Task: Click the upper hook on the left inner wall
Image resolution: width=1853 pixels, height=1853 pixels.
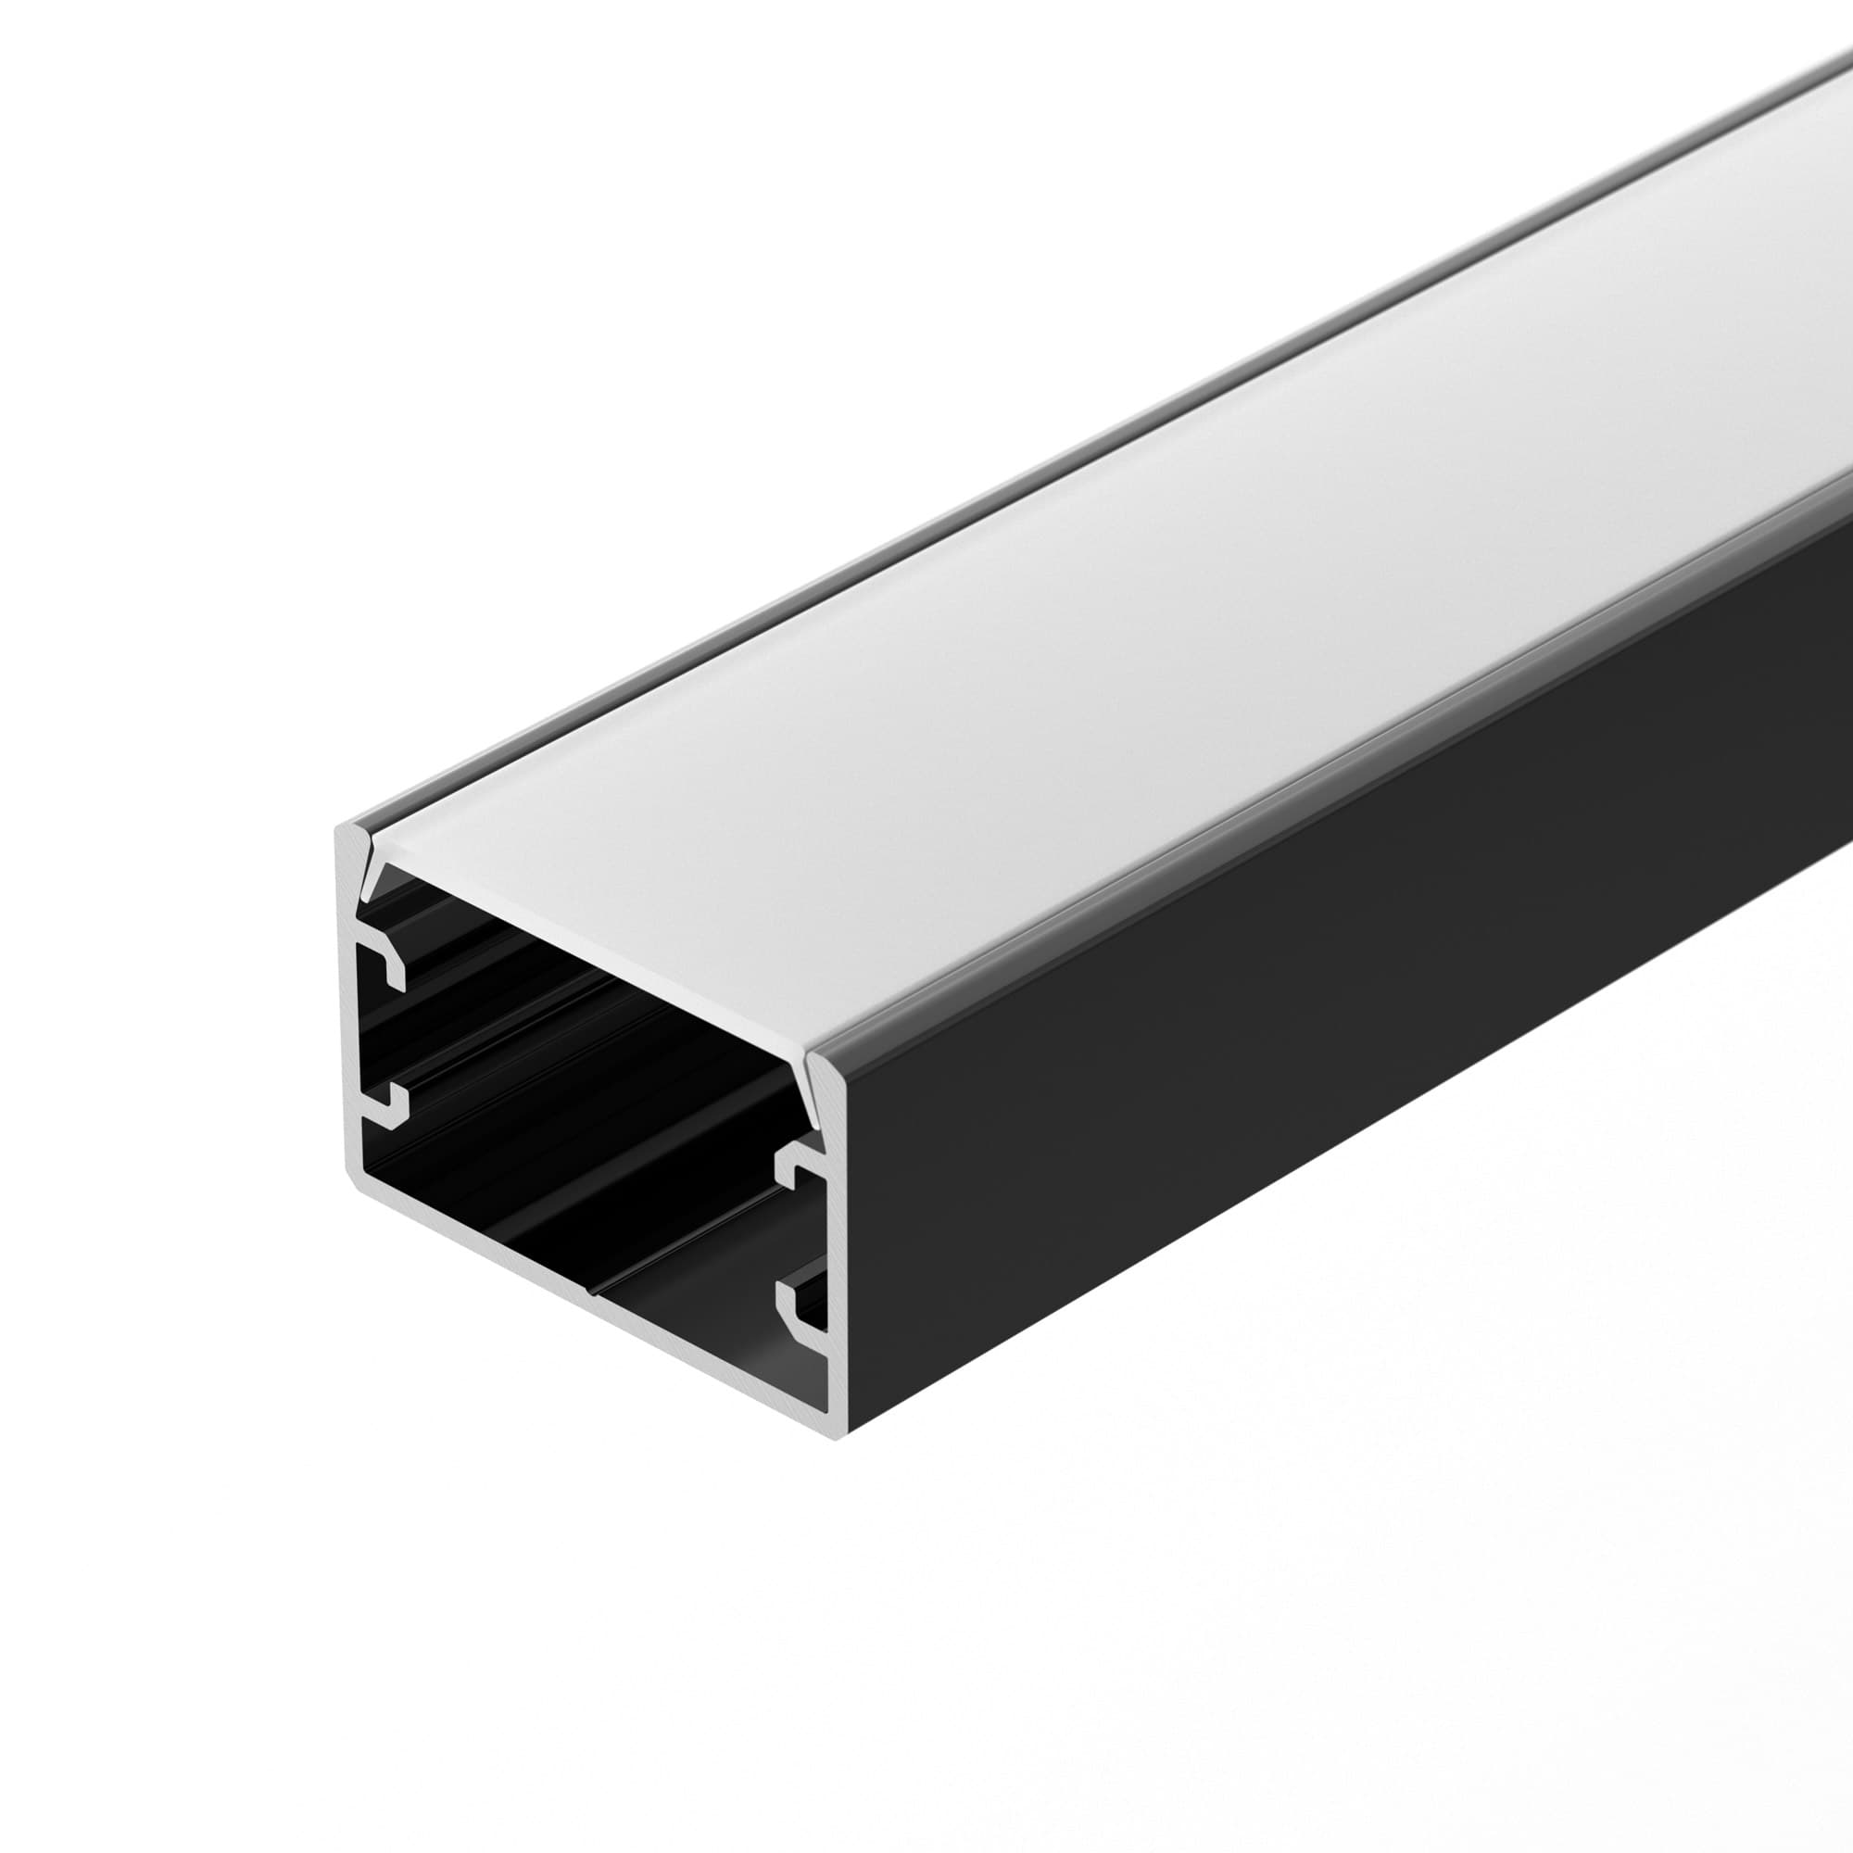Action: (x=384, y=963)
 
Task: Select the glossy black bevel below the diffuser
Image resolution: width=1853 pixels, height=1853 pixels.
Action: (x=1247, y=787)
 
